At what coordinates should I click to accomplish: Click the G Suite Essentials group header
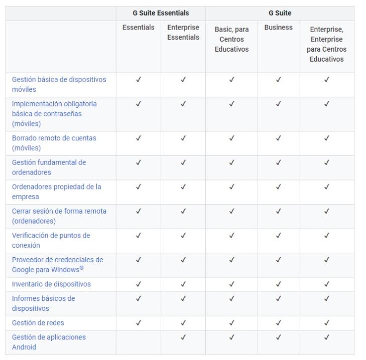[x=161, y=13]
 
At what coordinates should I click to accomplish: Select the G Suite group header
[x=280, y=13]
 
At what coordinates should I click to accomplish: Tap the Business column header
[x=278, y=28]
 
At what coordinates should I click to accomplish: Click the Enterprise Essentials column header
[x=183, y=33]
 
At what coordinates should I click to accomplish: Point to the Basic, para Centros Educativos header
[x=231, y=40]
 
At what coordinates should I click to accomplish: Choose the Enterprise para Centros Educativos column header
[x=326, y=45]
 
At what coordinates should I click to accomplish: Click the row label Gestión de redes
[x=38, y=323]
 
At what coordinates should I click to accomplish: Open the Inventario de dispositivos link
[x=52, y=284]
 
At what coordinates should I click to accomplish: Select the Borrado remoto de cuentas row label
[x=54, y=143]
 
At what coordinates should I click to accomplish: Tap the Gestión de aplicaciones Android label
[x=49, y=342]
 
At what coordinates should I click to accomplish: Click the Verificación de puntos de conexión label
[x=51, y=240]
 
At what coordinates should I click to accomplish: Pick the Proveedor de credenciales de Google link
[x=57, y=264]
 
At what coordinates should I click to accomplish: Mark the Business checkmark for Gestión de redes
[x=278, y=323]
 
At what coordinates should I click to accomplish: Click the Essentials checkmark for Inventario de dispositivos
[x=138, y=284]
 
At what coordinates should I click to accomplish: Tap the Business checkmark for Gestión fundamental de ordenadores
[x=278, y=162]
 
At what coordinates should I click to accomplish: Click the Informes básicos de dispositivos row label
[x=44, y=303]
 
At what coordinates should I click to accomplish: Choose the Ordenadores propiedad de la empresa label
[x=56, y=192]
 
